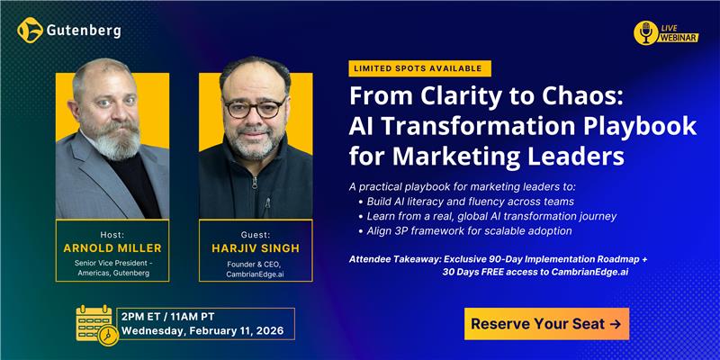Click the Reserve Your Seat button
point(546,324)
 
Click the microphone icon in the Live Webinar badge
point(644,33)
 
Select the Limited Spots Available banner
point(419,68)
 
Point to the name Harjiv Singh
point(256,247)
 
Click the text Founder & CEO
point(256,264)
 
